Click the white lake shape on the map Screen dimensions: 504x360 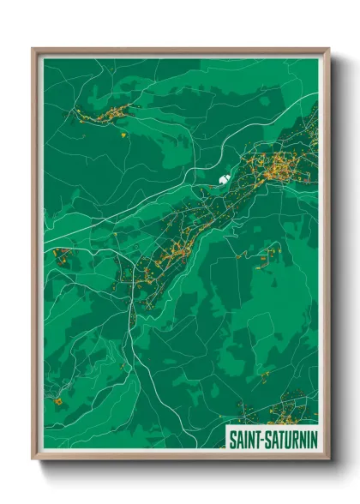coord(224,180)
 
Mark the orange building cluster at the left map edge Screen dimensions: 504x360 coord(61,255)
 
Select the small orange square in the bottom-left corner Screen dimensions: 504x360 coord(57,400)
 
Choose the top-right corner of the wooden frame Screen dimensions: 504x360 coord(328,50)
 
